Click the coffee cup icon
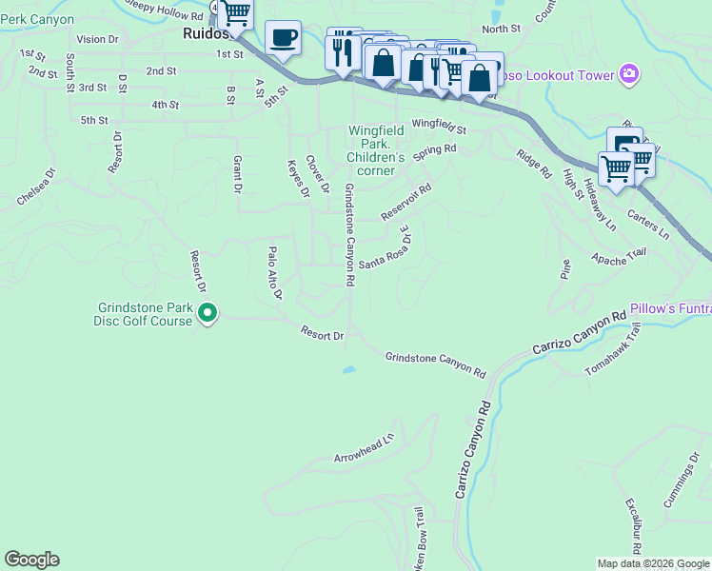(x=284, y=39)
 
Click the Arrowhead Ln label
(x=364, y=450)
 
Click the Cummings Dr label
(x=682, y=486)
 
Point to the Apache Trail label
(x=618, y=256)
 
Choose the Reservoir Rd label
(x=406, y=202)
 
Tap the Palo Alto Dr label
(x=274, y=273)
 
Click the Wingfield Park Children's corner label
(x=375, y=149)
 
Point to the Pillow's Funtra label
(x=670, y=309)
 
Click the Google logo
(x=31, y=560)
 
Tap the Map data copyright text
(x=653, y=563)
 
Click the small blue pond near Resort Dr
(x=350, y=369)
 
